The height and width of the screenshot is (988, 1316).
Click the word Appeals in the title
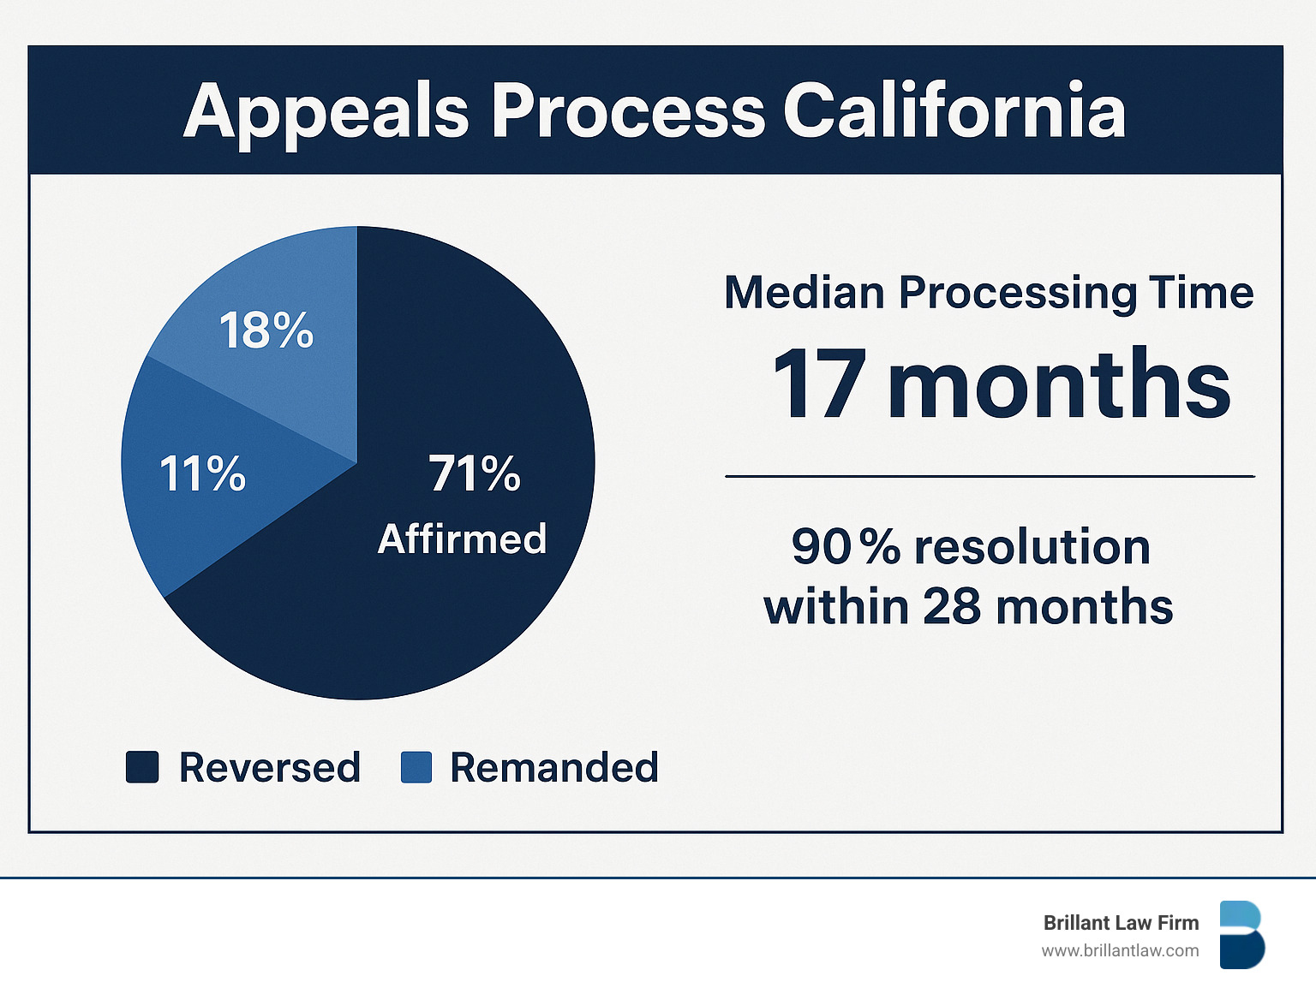point(326,112)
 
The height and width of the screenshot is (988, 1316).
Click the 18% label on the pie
point(266,330)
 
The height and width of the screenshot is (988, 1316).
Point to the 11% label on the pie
point(203,473)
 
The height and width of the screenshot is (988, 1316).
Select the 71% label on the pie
point(475,473)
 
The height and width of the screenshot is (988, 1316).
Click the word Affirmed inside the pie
point(462,539)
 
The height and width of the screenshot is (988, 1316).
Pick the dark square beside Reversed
point(142,767)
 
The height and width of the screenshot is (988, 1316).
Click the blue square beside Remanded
point(416,767)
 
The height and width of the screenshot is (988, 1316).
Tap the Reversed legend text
point(269,767)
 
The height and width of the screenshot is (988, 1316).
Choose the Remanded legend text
point(554,767)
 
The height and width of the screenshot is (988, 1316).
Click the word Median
point(805,293)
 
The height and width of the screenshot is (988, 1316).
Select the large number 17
point(818,386)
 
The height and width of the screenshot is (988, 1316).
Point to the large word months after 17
point(1059,386)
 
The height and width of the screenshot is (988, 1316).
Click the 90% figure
point(846,547)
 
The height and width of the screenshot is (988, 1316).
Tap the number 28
point(952,607)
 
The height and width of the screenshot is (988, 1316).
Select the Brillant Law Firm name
point(1121,923)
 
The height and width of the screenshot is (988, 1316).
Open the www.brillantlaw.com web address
point(1120,950)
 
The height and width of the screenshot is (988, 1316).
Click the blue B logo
point(1241,935)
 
